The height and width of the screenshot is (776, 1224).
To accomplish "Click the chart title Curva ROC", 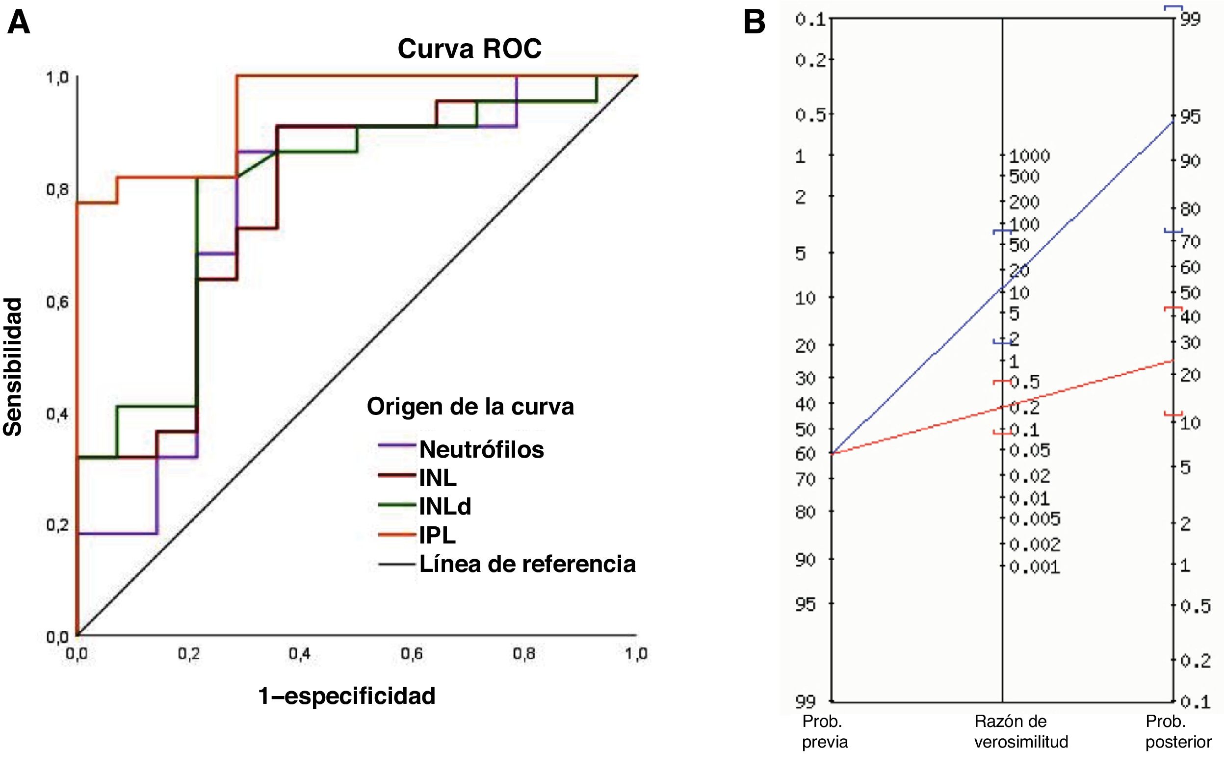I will coord(469,49).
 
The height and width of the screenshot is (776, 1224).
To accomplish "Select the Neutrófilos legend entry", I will coord(481,449).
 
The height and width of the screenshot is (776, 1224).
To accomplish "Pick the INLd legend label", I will coord(445,506).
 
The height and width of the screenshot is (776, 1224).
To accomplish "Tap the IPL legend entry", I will coord(437,535).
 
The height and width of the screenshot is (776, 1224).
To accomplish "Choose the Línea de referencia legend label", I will coord(527,564).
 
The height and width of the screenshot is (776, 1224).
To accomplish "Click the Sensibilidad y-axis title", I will coord(13,367).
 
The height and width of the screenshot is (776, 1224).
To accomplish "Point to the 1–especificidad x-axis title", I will coord(347,696).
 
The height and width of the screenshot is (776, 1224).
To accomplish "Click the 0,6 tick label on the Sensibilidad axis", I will coord(57,302).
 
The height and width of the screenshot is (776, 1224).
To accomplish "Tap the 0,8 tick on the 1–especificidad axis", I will coord(523,653).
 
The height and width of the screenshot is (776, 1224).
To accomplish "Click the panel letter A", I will coord(18,23).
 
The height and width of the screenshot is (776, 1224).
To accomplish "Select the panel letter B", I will coord(755,23).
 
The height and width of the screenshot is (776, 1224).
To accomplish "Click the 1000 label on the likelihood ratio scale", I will coord(1029,156).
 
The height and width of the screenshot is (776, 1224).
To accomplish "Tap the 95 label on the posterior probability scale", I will coord(1190,117).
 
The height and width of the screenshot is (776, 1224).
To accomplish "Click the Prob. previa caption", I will coord(825,731).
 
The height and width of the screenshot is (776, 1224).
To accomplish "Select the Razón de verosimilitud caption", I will coord(1021,731).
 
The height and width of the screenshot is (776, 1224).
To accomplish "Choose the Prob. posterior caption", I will coord(1178,731).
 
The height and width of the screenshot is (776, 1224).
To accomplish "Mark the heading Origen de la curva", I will coord(470,407).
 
